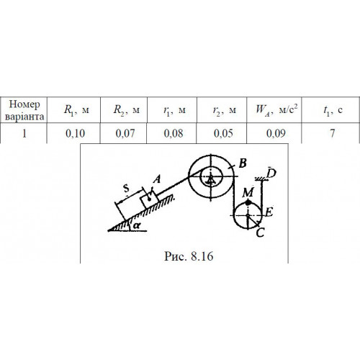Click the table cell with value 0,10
tap(75, 133)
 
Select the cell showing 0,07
tap(125, 133)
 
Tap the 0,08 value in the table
tap(174, 133)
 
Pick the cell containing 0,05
tap(223, 133)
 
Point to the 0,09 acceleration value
tap(276, 133)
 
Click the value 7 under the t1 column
tap(333, 133)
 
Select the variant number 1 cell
tap(24, 133)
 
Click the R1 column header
tap(76, 110)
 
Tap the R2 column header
tap(127, 110)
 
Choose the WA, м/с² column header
tap(276, 109)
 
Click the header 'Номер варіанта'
tap(24, 110)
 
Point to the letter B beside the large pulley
tap(243, 163)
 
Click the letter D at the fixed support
tap(271, 173)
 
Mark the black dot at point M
tap(248, 203)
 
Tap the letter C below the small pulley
tap(260, 233)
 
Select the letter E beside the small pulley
tap(269, 212)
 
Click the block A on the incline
tap(149, 199)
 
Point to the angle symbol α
tap(137, 225)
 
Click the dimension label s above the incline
tap(127, 189)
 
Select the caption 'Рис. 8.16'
tap(189, 256)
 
